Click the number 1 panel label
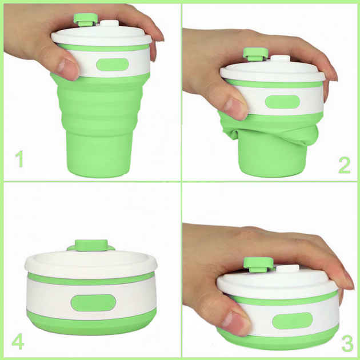click(x=20, y=159)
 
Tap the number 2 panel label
click(x=345, y=165)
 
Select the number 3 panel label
click(x=347, y=343)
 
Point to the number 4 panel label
click(x=18, y=343)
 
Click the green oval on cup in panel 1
click(x=112, y=65)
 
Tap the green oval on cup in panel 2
click(x=282, y=102)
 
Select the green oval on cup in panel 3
click(x=292, y=320)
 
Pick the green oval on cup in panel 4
click(x=93, y=302)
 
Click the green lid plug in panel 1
click(x=85, y=19)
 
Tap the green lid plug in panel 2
click(x=256, y=54)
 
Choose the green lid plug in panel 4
click(x=91, y=245)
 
